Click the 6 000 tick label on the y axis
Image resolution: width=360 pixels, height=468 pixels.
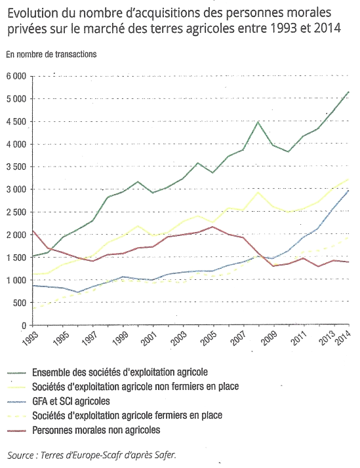pyautogui.click(x=16, y=77)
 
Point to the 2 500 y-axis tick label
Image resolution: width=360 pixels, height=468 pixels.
pyautogui.click(x=16, y=212)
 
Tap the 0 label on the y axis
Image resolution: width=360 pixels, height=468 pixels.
pyautogui.click(x=24, y=326)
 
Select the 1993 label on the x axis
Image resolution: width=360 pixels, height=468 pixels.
pyautogui.click(x=31, y=338)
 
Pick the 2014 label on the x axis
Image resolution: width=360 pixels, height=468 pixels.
pyautogui.click(x=343, y=338)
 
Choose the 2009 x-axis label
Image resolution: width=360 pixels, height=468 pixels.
pyautogui.click(x=269, y=338)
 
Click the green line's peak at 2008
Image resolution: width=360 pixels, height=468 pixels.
pyautogui.click(x=258, y=122)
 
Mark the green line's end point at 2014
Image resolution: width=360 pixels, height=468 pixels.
pyautogui.click(x=349, y=92)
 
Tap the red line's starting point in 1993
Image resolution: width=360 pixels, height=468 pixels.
pyautogui.click(x=33, y=231)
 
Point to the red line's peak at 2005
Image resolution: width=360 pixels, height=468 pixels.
pyautogui.click(x=212, y=227)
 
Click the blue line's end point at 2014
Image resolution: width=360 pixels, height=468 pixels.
pyautogui.click(x=349, y=191)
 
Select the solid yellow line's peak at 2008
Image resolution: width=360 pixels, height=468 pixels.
pyautogui.click(x=258, y=193)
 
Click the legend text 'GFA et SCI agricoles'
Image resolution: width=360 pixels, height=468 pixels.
pyautogui.click(x=71, y=401)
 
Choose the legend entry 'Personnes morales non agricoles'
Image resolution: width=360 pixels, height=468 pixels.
pyautogui.click(x=96, y=430)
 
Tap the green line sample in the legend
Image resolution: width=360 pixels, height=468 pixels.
pyautogui.click(x=16, y=373)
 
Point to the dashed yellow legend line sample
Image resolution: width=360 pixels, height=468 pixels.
pyautogui.click(x=16, y=416)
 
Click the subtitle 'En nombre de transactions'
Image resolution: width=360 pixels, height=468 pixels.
pyautogui.click(x=51, y=54)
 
